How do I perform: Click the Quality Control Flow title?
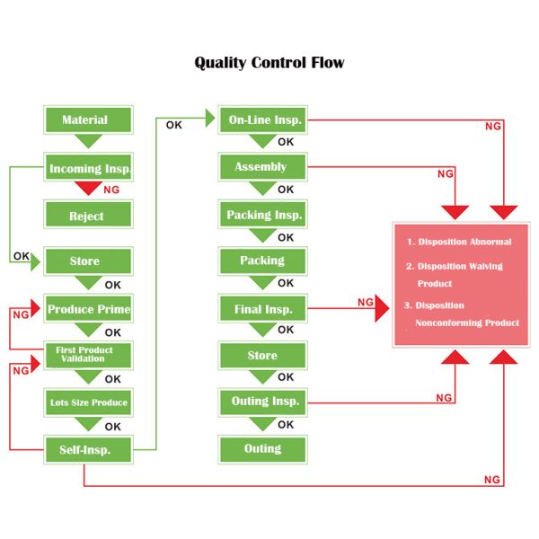click(x=269, y=63)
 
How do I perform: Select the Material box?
click(x=87, y=120)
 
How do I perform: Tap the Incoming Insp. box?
click(x=89, y=168)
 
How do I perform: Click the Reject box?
click(x=87, y=216)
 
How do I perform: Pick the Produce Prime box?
click(x=89, y=309)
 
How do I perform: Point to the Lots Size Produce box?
click(x=89, y=402)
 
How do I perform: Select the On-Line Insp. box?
click(x=263, y=119)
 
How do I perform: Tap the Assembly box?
click(x=261, y=167)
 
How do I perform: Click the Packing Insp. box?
click(x=263, y=215)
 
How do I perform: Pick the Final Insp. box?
click(x=263, y=309)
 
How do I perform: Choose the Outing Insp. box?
click(x=263, y=401)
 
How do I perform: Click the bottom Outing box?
click(x=263, y=448)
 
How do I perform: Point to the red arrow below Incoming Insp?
click(x=88, y=189)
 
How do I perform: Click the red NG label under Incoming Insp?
click(x=112, y=190)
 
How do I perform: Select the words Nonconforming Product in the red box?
click(x=466, y=323)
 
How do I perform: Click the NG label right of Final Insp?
click(x=365, y=303)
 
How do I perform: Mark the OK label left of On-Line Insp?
click(x=173, y=125)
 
